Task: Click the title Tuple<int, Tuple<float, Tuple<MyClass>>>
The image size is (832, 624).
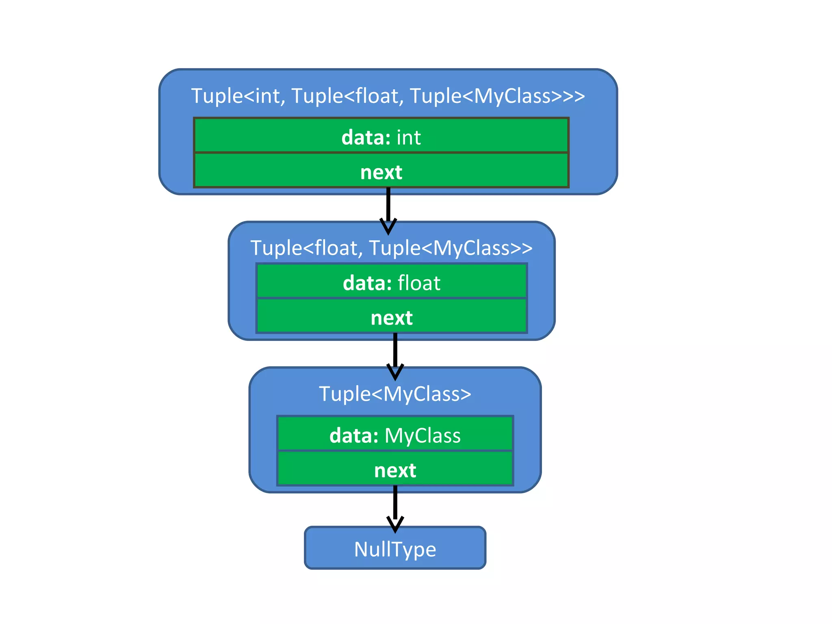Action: (388, 96)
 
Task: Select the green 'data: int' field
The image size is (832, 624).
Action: (381, 136)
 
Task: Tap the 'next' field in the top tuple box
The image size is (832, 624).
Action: (381, 171)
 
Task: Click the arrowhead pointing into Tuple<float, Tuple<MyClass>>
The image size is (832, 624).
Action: (388, 227)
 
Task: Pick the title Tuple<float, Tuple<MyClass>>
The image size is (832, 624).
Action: (391, 248)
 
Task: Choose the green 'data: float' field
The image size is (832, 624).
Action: (392, 282)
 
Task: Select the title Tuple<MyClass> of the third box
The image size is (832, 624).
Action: (395, 394)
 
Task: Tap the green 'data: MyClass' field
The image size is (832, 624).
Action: (395, 434)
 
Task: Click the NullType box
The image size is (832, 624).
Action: (395, 548)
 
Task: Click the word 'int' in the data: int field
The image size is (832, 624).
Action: (408, 137)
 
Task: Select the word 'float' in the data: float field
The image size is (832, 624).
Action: (419, 283)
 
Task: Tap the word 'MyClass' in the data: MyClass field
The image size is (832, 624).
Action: (422, 435)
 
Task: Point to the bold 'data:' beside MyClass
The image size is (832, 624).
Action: (354, 435)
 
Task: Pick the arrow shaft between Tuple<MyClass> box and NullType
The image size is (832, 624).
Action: (395, 502)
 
